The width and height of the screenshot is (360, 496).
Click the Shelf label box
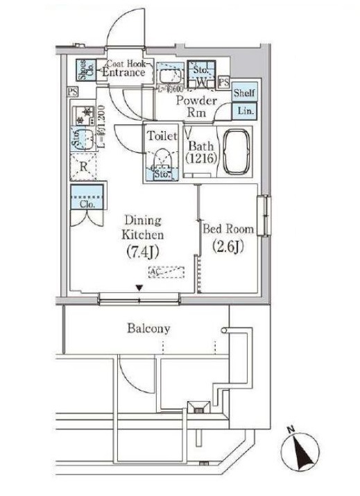pyautogui.click(x=243, y=93)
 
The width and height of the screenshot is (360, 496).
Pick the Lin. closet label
pyautogui.click(x=243, y=111)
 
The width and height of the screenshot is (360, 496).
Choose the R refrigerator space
pyautogui.click(x=83, y=166)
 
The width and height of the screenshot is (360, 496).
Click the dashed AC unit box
pyautogui.click(x=165, y=273)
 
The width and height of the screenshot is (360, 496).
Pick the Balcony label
pyautogui.click(x=148, y=328)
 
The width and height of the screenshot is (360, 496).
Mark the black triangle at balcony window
pyautogui.click(x=139, y=288)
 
